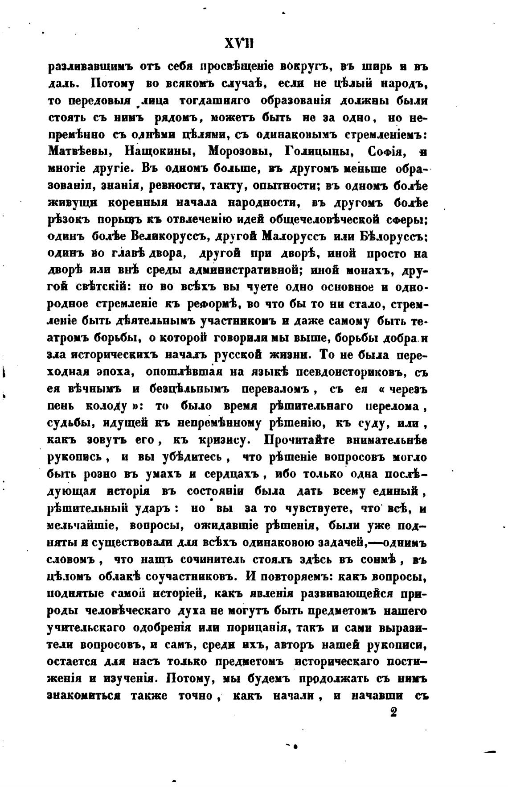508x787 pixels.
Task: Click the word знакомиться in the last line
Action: point(85,695)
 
